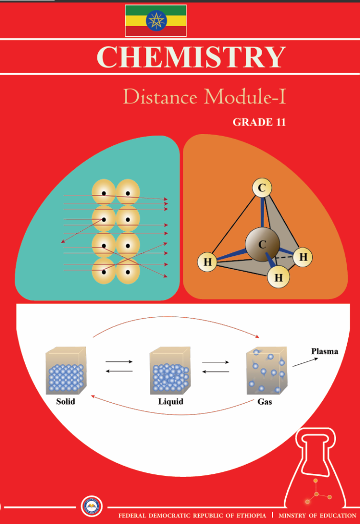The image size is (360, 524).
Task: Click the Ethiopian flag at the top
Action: tap(156, 20)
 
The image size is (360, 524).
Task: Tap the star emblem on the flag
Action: tap(156, 20)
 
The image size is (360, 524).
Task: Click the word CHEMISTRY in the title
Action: tap(190, 57)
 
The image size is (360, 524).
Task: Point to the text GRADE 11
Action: tap(259, 123)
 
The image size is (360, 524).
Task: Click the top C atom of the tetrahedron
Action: tap(262, 188)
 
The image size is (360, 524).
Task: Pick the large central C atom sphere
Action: tap(262, 245)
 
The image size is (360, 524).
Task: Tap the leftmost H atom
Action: tap(207, 263)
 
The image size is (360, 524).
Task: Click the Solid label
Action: tap(66, 402)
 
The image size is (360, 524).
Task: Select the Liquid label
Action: tap(171, 402)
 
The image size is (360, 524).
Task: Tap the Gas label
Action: tap(265, 402)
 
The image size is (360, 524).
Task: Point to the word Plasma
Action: tap(325, 352)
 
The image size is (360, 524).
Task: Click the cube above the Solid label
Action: tap(66, 370)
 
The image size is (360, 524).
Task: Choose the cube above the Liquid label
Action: tap(170, 370)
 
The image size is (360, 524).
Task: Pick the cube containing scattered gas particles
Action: tap(266, 370)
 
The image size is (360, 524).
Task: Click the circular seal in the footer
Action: tap(93, 507)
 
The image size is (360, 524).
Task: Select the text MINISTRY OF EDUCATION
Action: tap(317, 515)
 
